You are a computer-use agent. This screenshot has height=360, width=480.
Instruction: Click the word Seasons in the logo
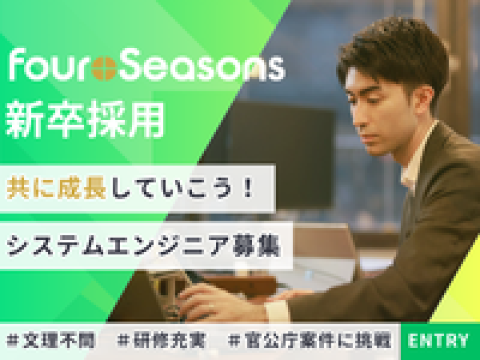(x=202, y=66)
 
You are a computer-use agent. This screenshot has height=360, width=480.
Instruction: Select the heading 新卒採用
(x=85, y=120)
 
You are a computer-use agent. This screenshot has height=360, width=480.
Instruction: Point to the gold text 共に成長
(x=56, y=188)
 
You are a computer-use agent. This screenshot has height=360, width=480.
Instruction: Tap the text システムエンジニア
(x=118, y=246)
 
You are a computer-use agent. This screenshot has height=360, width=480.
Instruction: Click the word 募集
(x=257, y=246)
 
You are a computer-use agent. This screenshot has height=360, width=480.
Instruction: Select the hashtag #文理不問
(x=51, y=341)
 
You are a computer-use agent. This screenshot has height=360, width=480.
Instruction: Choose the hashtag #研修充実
(x=162, y=341)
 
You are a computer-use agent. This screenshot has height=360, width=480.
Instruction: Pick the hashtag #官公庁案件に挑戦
(x=310, y=341)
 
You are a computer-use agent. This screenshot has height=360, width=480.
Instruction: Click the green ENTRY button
(x=440, y=341)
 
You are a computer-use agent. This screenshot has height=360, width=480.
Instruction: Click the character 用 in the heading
(x=147, y=120)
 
